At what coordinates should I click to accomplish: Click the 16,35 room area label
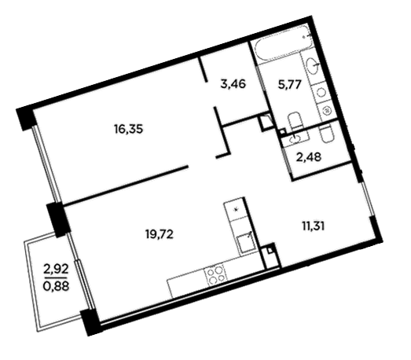[128, 129]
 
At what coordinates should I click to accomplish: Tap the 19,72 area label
[160, 234]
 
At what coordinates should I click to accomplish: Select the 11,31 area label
[314, 226]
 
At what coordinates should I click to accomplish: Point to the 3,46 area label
[233, 84]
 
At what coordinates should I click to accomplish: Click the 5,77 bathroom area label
[290, 85]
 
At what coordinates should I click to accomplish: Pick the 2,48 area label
[308, 157]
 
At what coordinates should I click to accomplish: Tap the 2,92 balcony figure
[56, 269]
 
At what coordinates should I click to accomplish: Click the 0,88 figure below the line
[56, 286]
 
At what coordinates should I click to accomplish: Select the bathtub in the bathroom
[282, 44]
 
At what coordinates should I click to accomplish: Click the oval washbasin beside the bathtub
[313, 64]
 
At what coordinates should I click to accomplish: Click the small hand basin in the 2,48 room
[295, 139]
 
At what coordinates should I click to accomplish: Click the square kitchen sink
[246, 243]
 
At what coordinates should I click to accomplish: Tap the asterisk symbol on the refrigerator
[237, 209]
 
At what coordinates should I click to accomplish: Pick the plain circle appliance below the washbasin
[321, 92]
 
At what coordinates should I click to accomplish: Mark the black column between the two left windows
[58, 220]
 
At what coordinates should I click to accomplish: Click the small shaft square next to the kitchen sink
[270, 250]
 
